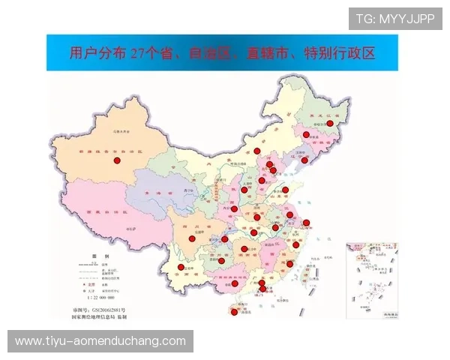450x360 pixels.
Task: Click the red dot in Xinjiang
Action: [x=117, y=160]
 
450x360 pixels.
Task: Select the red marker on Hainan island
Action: [x=234, y=312]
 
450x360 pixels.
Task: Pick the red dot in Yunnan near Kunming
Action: [x=181, y=267]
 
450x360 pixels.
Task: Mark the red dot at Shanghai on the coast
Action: [x=306, y=222]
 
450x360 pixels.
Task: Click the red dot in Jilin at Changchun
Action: [x=306, y=135]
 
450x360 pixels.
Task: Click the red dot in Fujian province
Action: [x=290, y=263]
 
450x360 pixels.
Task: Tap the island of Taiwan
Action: [x=307, y=275]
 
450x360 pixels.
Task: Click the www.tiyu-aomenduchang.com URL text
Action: [x=100, y=341]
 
